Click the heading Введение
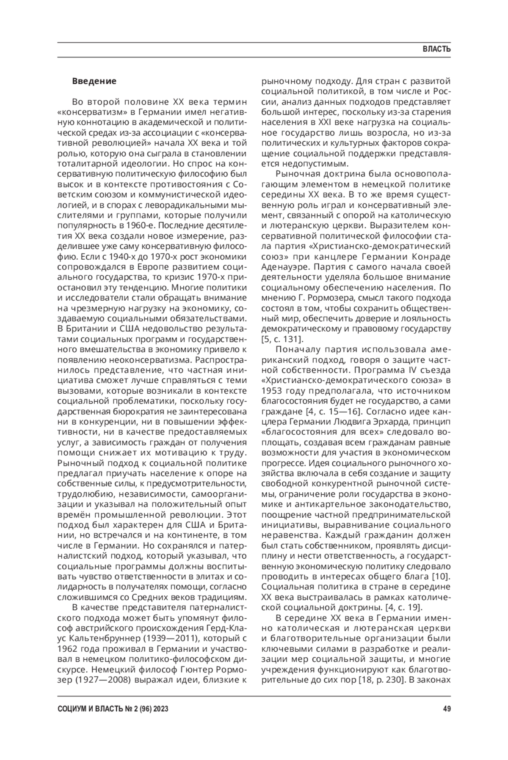click(x=94, y=81)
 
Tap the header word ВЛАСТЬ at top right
click(x=436, y=49)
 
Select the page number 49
click(x=447, y=709)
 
